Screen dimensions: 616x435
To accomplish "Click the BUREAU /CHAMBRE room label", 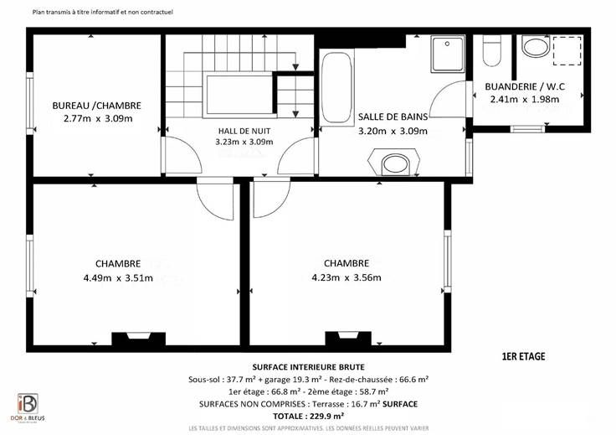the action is tap(96, 106).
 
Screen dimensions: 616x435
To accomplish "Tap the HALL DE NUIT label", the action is tap(244, 131).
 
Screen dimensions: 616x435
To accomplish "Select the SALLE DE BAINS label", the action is tap(393, 117).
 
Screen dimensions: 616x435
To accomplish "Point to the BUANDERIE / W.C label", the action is tap(525, 86).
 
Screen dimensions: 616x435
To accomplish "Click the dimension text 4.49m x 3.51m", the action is tap(118, 278).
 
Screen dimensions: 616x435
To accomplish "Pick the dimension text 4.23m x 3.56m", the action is tap(346, 277).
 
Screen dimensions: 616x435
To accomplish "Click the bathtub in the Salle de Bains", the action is tap(336, 87).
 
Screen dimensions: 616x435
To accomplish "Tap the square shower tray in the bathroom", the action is tap(448, 54).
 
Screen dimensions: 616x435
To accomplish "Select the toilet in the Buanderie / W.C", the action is tap(491, 50).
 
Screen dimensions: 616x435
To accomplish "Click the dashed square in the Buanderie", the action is tap(567, 51).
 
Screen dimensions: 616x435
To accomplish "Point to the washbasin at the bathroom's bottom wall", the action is tap(394, 162).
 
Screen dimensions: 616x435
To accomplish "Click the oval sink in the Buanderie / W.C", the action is tap(536, 46).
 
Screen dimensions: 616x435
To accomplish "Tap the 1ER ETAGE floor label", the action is tap(524, 356).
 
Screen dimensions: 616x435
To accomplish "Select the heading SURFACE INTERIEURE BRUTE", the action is tap(308, 367).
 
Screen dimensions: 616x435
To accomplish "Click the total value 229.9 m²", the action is tap(324, 416).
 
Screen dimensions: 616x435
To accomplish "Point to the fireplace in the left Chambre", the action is tap(139, 339).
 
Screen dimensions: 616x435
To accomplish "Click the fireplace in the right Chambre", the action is tap(348, 338).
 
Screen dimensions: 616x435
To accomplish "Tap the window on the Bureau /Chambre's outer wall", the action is tap(30, 103).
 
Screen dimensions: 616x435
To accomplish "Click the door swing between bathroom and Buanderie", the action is tap(448, 99).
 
